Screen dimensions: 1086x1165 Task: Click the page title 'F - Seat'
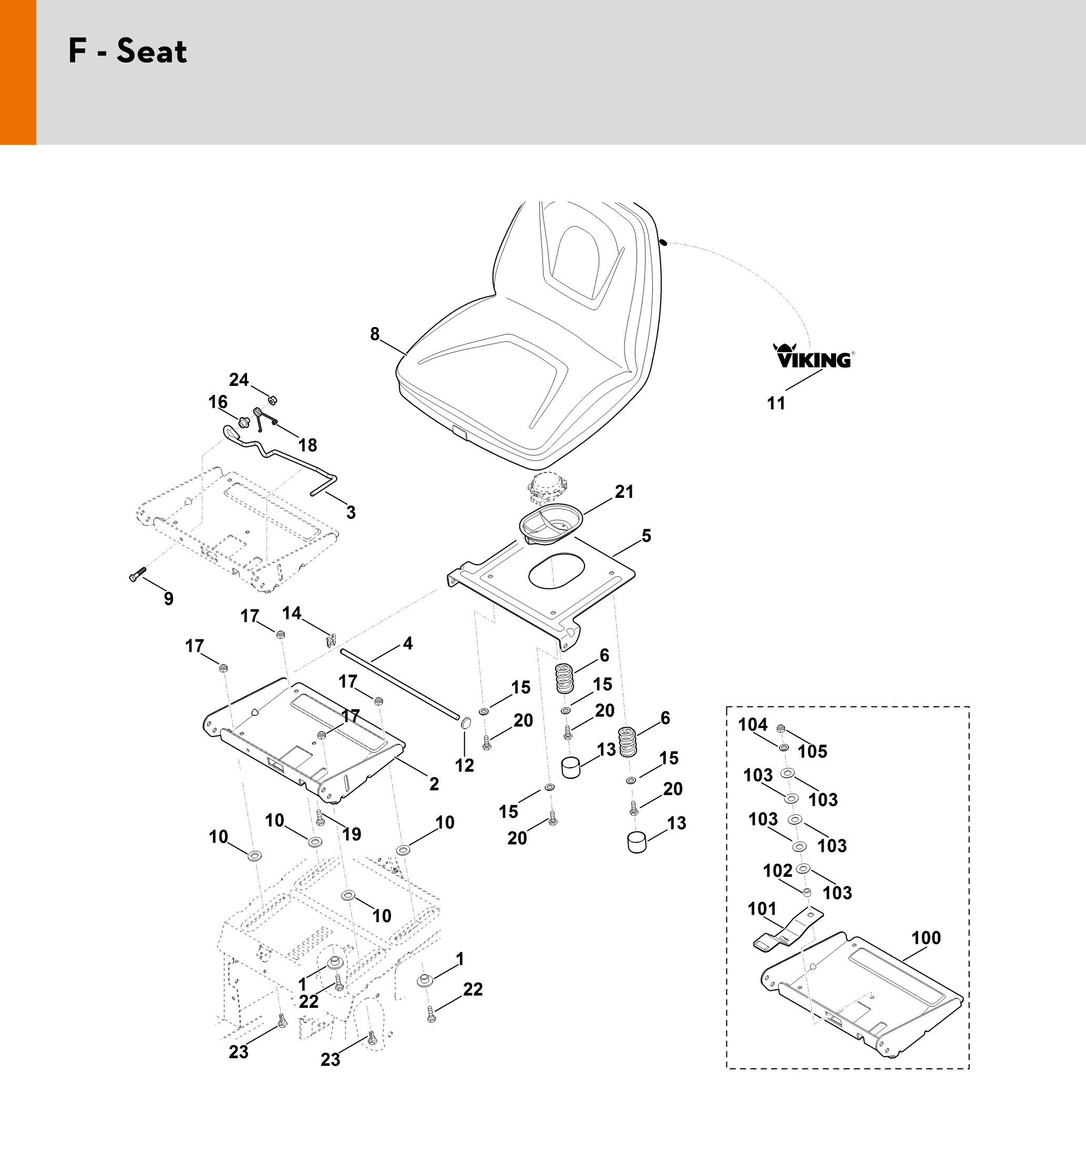128,51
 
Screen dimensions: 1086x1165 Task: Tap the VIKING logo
814,356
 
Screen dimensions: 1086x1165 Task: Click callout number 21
624,492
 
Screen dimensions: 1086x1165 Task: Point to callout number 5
647,536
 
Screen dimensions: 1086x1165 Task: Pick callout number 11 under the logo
776,403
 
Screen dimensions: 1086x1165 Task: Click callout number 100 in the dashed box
926,938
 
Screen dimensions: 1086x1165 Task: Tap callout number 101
762,909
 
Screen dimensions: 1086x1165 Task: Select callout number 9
169,598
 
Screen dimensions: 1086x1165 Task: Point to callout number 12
465,765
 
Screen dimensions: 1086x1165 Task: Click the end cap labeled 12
465,722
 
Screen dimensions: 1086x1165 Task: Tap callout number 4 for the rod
408,643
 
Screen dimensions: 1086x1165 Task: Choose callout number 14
292,613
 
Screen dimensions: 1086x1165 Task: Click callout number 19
352,834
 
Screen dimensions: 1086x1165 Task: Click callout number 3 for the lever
351,512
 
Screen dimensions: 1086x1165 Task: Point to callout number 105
812,751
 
